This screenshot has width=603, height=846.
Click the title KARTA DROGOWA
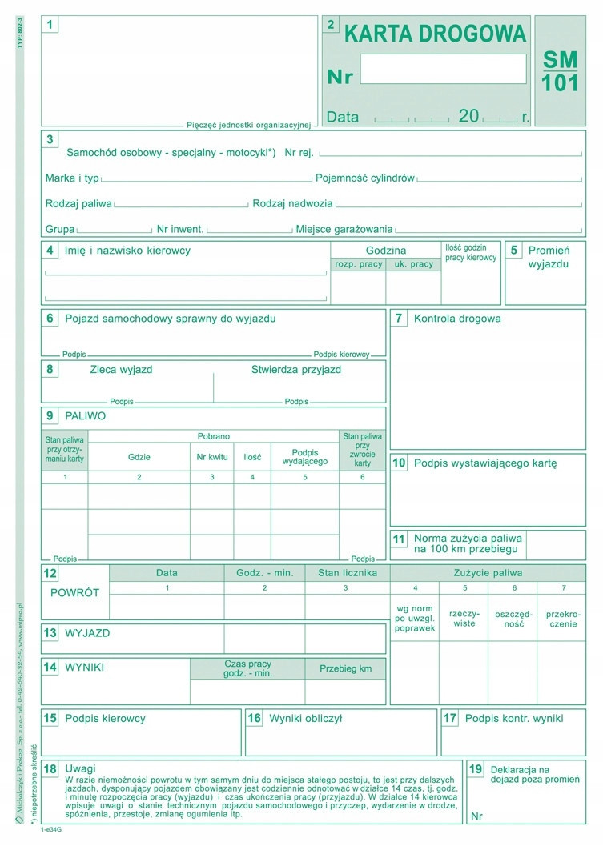(x=435, y=34)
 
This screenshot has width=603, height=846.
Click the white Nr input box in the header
(x=443, y=70)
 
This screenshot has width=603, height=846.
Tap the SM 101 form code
(x=560, y=71)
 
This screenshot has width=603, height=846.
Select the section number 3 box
(x=50, y=139)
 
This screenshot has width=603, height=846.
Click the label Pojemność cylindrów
(x=365, y=178)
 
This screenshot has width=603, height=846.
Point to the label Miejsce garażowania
(x=344, y=229)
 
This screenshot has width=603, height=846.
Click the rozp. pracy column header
(x=358, y=264)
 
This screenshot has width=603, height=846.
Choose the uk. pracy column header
(x=412, y=264)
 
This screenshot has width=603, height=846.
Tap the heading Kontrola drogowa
(x=457, y=319)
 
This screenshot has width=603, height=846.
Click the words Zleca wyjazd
(x=121, y=370)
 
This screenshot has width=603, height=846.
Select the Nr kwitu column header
(x=212, y=458)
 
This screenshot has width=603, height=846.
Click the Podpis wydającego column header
(x=304, y=457)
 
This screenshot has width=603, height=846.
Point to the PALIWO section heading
(x=85, y=416)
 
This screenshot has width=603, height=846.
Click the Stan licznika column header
(x=346, y=573)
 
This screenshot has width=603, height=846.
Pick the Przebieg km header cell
(x=345, y=668)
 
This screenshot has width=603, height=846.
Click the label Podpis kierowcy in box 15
(x=105, y=719)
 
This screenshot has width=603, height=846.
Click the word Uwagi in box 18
(x=80, y=768)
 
